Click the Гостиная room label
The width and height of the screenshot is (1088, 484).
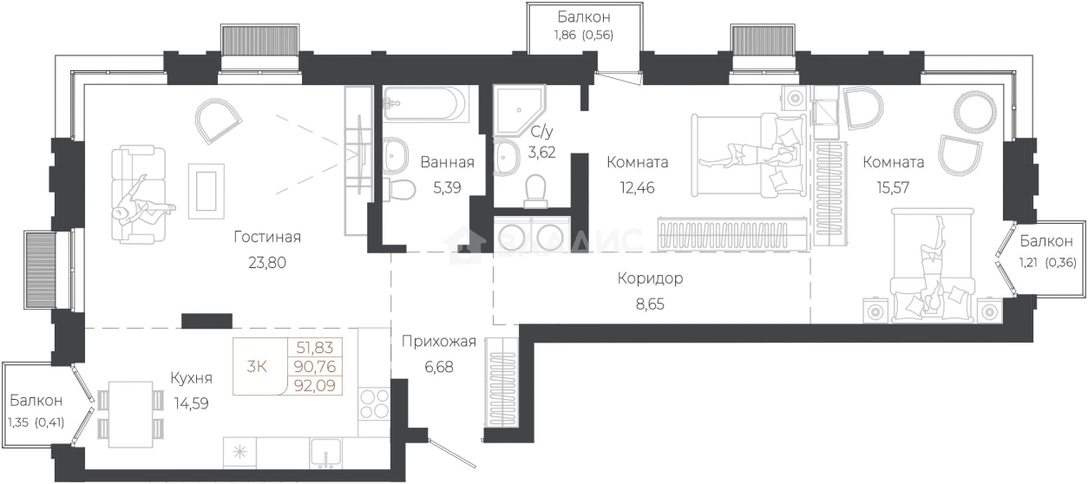tap(267, 237)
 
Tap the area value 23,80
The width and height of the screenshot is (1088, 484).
tap(267, 263)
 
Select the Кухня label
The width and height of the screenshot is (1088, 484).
tap(192, 378)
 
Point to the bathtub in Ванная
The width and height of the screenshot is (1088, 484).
tap(425, 104)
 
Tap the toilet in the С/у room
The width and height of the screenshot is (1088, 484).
tap(535, 192)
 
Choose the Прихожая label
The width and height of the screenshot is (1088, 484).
tap(439, 342)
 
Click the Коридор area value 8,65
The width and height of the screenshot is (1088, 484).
tap(650, 304)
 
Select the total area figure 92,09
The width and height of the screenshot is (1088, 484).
tap(316, 386)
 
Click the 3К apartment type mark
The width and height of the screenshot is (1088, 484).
tap(257, 367)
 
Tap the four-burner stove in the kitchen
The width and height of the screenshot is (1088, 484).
tap(375, 404)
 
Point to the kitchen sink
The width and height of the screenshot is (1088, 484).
tap(326, 454)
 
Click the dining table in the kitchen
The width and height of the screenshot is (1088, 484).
tap(131, 414)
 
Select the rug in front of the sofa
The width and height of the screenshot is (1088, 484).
tap(206, 192)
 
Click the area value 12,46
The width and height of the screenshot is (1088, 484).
tap(637, 187)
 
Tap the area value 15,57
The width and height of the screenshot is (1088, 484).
tap(893, 187)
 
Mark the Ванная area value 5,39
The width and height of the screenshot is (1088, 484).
tap(447, 187)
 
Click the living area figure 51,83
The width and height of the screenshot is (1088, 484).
tap(315, 348)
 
